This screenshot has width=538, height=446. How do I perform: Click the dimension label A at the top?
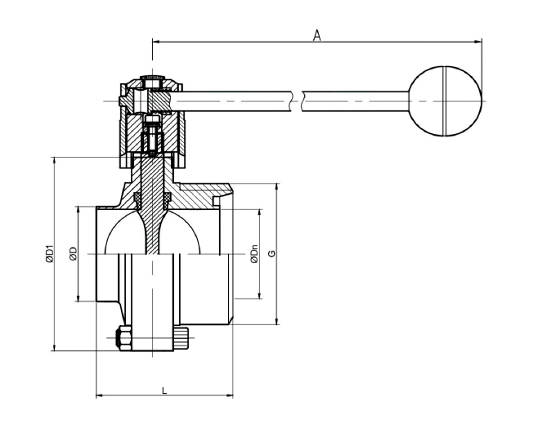point(317,35)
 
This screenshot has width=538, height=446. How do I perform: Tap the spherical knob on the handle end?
point(446,100)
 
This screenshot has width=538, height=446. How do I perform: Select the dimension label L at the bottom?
point(164,390)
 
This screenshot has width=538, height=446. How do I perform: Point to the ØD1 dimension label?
point(49,254)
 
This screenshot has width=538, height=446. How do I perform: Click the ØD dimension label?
point(73,254)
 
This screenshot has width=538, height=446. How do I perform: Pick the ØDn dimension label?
point(254,254)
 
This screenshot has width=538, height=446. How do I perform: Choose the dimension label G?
point(271,254)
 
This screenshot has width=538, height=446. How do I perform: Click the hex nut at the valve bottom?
point(124,337)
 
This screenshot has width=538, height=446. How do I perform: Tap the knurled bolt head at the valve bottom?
point(182,339)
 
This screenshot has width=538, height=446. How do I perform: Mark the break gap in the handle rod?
point(297,101)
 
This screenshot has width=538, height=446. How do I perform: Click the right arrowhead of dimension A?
point(478,42)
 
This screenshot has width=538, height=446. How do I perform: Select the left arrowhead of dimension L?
point(100,396)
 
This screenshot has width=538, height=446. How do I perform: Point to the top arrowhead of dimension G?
point(277,187)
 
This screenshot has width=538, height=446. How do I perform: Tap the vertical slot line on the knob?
point(445,100)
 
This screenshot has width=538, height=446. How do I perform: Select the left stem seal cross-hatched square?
point(137,198)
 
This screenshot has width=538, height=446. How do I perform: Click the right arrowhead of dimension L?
point(229,396)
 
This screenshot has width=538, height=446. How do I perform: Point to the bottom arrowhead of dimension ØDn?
point(260,295)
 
